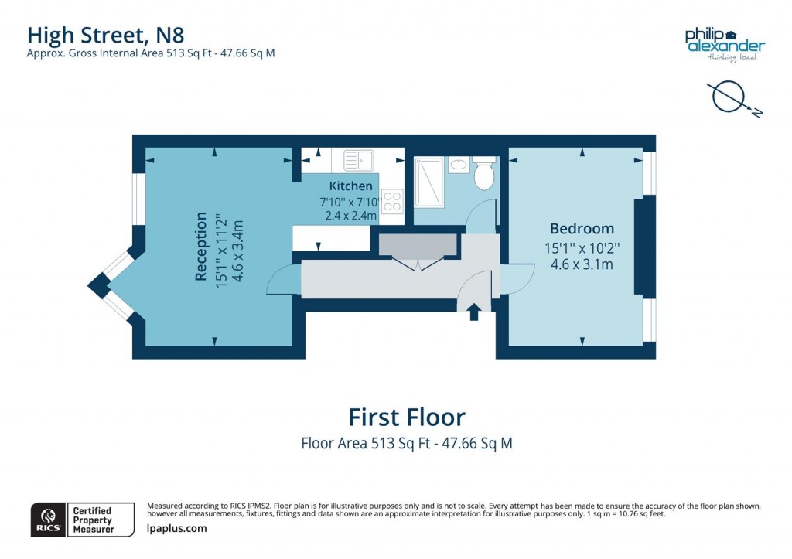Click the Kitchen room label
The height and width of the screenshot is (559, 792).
(350, 186)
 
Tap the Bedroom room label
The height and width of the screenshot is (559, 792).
(582, 229)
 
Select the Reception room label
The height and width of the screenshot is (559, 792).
(201, 246)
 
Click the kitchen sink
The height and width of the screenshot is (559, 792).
(359, 160)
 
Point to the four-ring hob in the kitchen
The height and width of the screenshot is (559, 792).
(392, 201)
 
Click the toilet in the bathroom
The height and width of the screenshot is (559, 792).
(484, 175)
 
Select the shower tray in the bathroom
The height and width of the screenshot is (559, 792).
(429, 182)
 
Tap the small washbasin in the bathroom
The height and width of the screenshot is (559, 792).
(458, 164)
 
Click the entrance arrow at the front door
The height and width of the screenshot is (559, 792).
(473, 312)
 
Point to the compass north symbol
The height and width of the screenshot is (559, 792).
(731, 97)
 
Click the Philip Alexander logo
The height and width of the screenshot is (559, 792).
(724, 42)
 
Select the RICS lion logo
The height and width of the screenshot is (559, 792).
(47, 520)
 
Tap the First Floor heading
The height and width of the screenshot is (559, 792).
(407, 418)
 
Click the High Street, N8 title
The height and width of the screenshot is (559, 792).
(106, 35)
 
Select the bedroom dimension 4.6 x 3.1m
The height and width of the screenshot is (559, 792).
(582, 264)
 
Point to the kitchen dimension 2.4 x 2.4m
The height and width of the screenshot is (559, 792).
(350, 216)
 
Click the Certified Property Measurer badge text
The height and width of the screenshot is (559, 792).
(92, 520)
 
